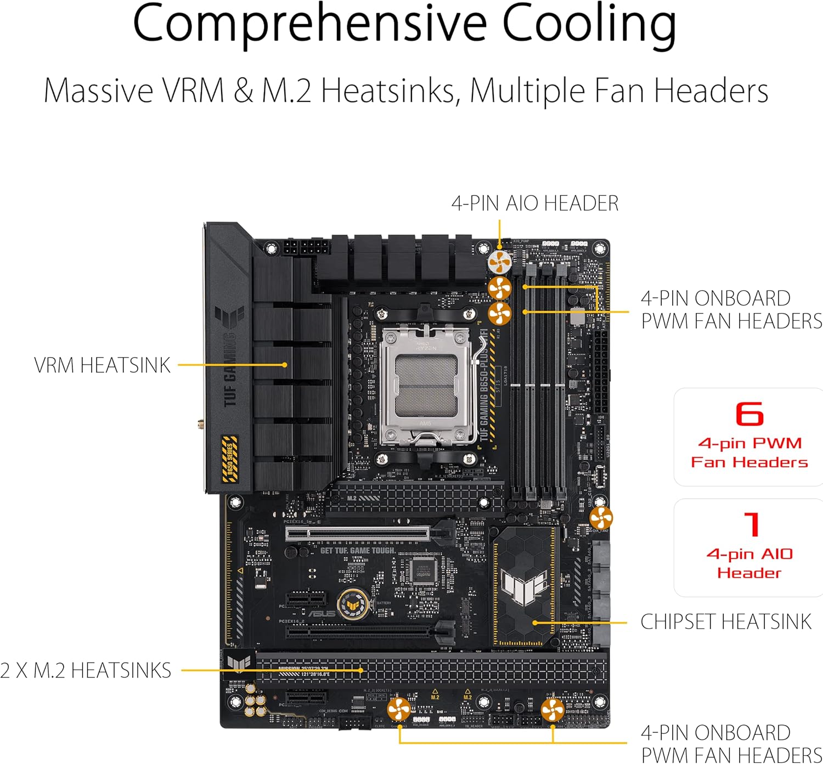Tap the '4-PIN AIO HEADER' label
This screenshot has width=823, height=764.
click(534, 203)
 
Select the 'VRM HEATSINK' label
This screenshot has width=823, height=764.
click(102, 365)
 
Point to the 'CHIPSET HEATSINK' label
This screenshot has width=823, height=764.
click(725, 622)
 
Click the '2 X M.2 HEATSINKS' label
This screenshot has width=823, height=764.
click(86, 670)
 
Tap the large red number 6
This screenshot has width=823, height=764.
click(749, 414)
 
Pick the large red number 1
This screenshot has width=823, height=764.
click(751, 524)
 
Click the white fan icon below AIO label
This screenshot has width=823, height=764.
click(499, 262)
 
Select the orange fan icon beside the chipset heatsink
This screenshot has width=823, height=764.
click(601, 518)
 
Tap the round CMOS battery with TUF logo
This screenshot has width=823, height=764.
click(352, 605)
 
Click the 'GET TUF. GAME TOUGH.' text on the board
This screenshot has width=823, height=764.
click(357, 550)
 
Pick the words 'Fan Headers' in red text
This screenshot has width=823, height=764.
click(749, 462)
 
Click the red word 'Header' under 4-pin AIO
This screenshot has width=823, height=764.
click(749, 573)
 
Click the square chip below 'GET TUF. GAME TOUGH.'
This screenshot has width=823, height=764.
click(422, 570)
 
